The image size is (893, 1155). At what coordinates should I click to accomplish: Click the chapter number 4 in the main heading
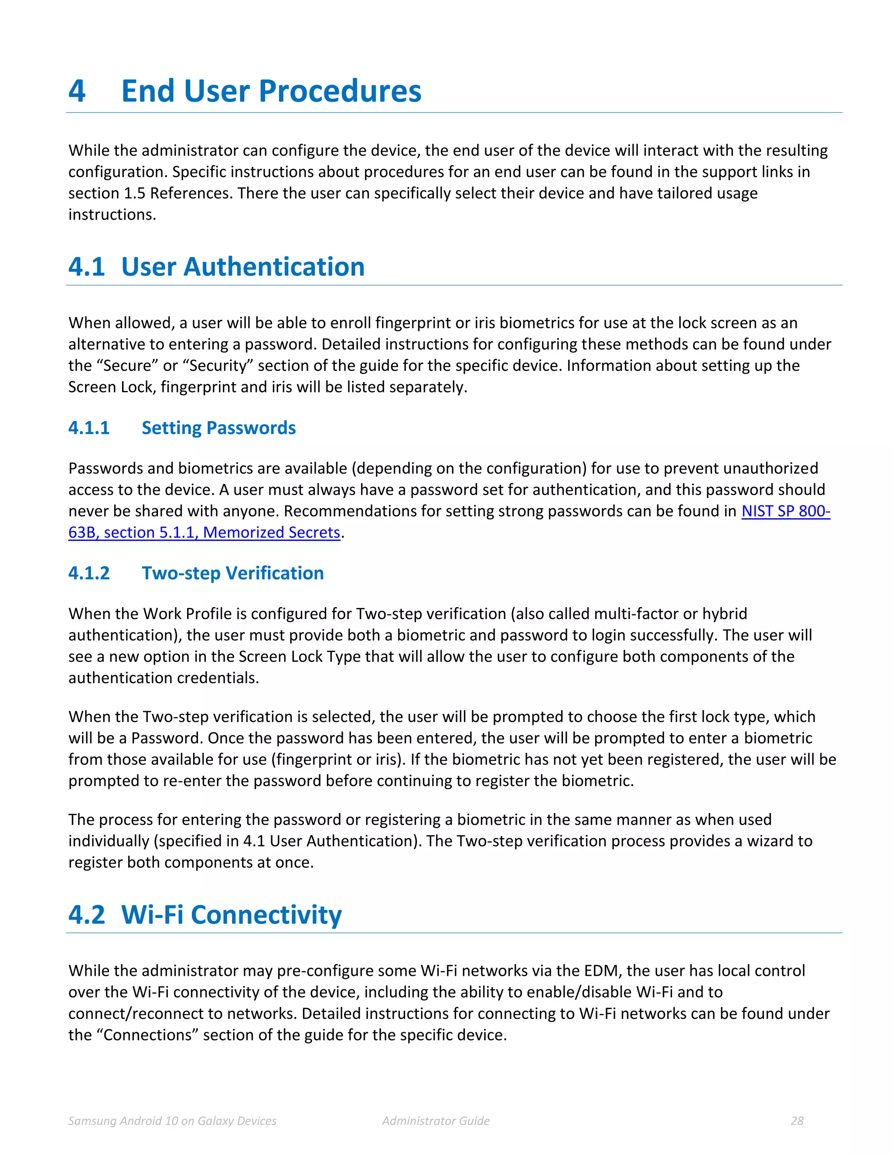(x=77, y=91)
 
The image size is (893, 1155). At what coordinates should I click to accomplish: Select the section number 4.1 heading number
(x=87, y=267)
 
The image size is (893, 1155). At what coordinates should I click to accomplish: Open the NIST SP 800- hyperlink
(x=786, y=511)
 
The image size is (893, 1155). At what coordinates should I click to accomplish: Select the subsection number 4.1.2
(x=89, y=573)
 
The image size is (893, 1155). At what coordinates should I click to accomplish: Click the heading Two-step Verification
(x=233, y=573)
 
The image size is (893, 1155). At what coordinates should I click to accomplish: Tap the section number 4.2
(x=87, y=914)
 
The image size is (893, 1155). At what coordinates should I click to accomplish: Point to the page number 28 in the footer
(x=797, y=1121)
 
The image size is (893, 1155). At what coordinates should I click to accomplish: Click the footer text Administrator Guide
(x=436, y=1121)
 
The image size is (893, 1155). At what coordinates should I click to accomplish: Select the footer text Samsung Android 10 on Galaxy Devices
(x=173, y=1121)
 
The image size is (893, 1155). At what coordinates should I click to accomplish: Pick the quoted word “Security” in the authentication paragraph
(x=218, y=365)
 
